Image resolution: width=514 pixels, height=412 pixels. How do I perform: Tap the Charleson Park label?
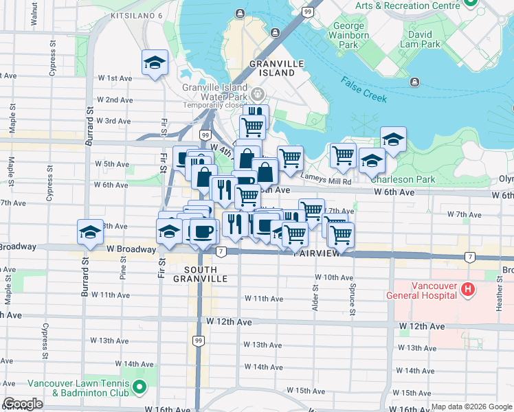[403, 180]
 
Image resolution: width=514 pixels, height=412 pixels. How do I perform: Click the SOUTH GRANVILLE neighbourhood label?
[200, 274]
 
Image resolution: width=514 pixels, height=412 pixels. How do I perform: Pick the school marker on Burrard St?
[90, 233]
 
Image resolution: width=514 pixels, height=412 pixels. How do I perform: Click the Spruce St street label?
[353, 301]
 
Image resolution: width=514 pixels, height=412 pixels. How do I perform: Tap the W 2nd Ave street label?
[115, 100]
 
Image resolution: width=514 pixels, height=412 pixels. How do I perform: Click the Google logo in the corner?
[22, 404]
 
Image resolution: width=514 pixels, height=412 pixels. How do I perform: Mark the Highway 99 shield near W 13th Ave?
[198, 341]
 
